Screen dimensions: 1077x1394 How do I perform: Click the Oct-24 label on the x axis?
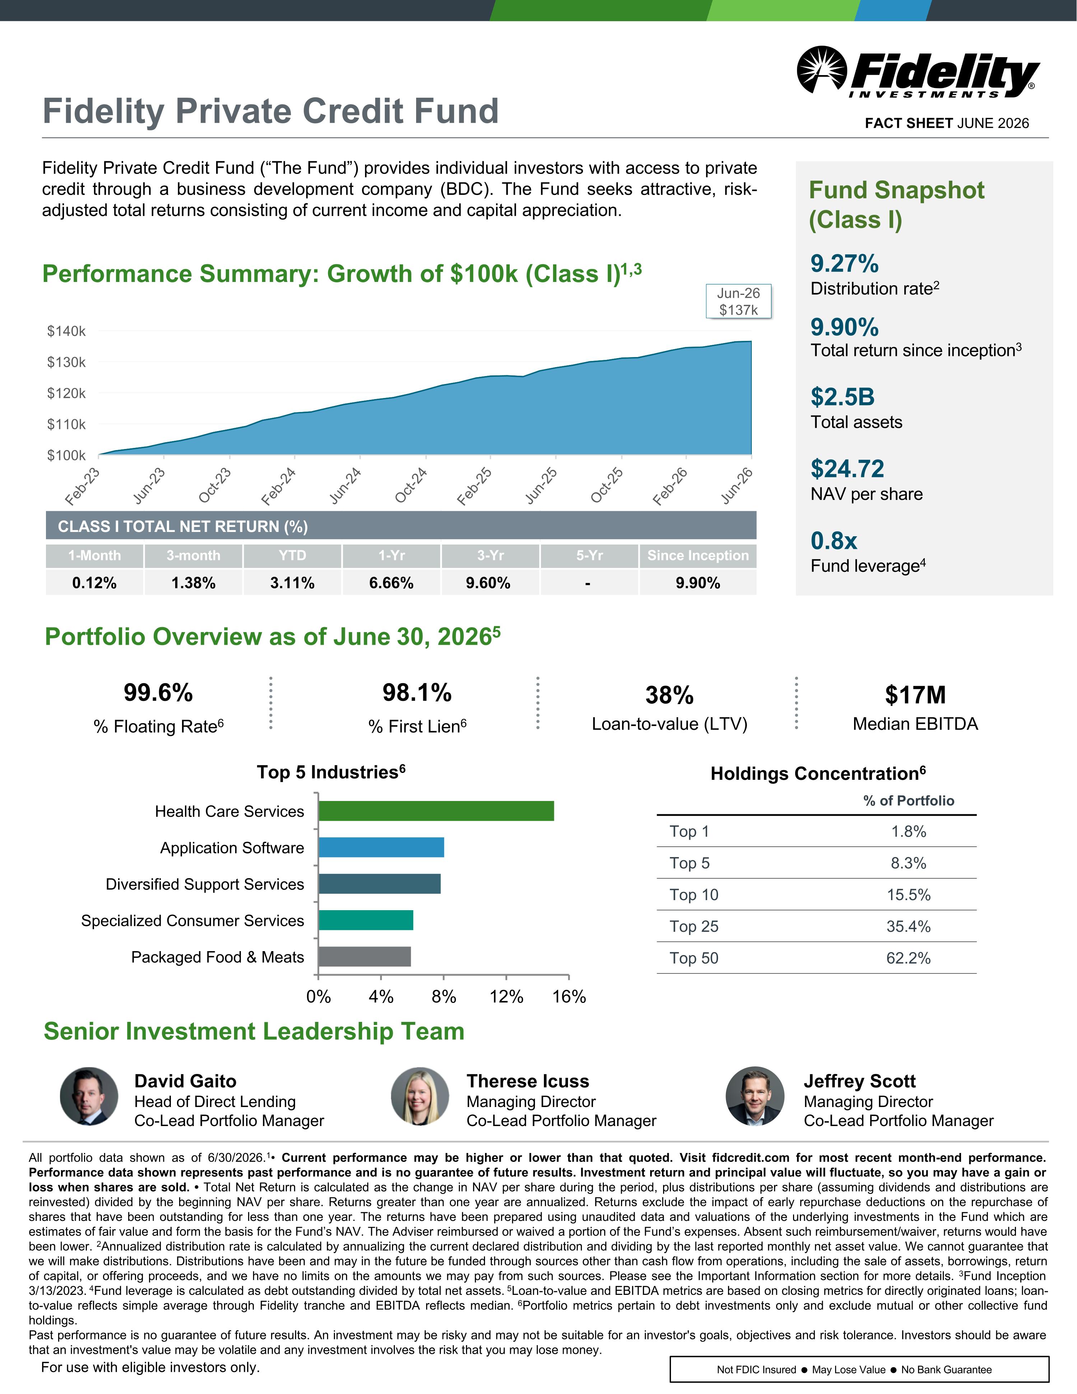click(411, 485)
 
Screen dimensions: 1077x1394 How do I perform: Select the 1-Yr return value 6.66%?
click(391, 583)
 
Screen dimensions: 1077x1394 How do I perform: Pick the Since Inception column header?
click(698, 555)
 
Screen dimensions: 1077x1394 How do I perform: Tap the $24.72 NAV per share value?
click(847, 468)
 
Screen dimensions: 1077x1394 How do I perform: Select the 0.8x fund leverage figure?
click(834, 541)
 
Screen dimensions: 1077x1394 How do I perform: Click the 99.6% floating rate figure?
click(158, 693)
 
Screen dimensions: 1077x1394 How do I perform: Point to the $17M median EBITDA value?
click(915, 695)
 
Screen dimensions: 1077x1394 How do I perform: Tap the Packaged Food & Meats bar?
click(364, 957)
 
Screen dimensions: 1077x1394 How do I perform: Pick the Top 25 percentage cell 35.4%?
click(909, 926)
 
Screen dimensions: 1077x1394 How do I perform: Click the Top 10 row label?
click(694, 895)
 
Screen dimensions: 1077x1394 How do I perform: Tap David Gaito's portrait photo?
click(89, 1096)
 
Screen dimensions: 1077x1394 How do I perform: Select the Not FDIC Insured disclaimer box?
click(859, 1369)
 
